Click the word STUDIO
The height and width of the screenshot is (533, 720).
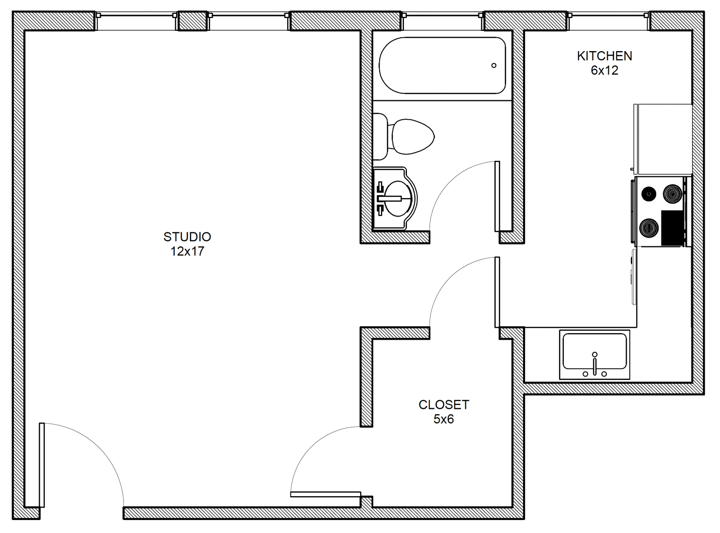187,237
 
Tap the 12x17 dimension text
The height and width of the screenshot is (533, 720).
187,251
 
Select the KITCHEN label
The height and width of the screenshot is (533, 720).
604,56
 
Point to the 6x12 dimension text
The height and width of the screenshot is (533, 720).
604,71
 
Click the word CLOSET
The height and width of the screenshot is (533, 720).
444,405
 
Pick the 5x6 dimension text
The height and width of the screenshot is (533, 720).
444,419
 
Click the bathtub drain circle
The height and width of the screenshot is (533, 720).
494,66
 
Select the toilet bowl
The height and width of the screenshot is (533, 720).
413,137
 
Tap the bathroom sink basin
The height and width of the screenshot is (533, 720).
400,198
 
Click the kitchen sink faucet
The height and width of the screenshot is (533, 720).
594,366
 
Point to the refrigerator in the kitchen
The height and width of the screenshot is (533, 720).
663,139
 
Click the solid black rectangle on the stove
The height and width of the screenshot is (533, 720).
672,228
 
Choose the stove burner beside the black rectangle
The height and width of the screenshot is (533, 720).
649,228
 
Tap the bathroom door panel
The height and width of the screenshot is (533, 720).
497,196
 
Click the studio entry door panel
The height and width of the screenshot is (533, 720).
42,465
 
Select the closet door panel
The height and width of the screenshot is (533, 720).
326,494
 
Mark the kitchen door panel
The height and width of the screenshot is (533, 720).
497,292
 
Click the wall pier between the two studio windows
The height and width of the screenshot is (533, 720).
193,21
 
